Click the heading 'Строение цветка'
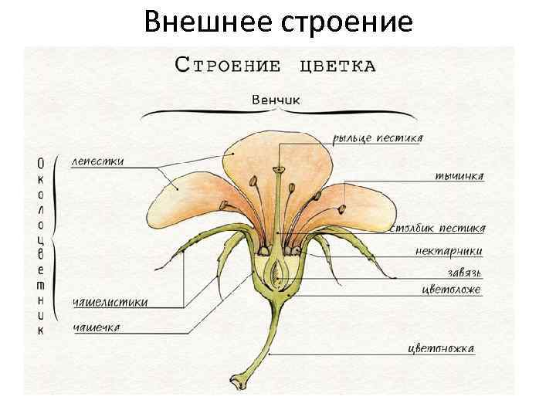276,64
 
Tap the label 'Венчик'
276,100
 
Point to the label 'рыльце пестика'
378,139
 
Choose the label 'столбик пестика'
437,229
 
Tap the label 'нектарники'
449,251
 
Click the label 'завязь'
464,273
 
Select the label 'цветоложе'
451,290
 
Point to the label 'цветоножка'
441,348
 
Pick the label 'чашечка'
96,328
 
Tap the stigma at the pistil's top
276,167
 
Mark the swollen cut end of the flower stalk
237,380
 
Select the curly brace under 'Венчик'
276,114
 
